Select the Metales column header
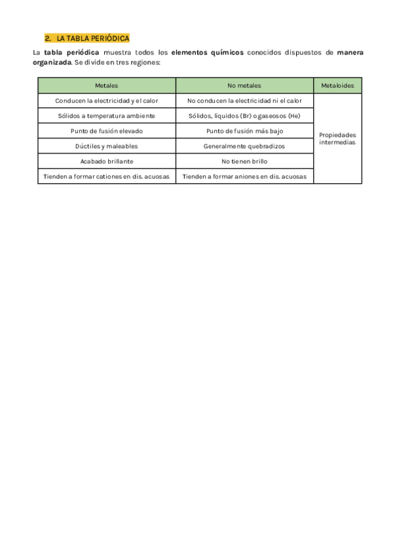pyautogui.click(x=106, y=86)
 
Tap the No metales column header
pyautogui.click(x=244, y=86)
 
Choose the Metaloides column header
pyautogui.click(x=337, y=86)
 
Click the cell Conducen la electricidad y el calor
pyautogui.click(x=106, y=101)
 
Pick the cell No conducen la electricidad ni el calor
pyautogui.click(x=244, y=101)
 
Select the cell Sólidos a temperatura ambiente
pyautogui.click(x=106, y=116)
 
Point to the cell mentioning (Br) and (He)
pyautogui.click(x=244, y=116)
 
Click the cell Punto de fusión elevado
pyautogui.click(x=106, y=131)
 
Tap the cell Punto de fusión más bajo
pyautogui.click(x=244, y=131)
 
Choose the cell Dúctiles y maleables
pyautogui.click(x=106, y=146)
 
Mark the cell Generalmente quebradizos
pyautogui.click(x=244, y=146)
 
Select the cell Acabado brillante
pyautogui.click(x=106, y=161)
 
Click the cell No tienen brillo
pyautogui.click(x=244, y=161)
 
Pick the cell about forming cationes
pyautogui.click(x=106, y=176)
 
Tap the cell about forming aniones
pyautogui.click(x=244, y=176)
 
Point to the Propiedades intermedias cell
pyautogui.click(x=337, y=138)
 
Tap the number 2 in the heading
pyautogui.click(x=47, y=39)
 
